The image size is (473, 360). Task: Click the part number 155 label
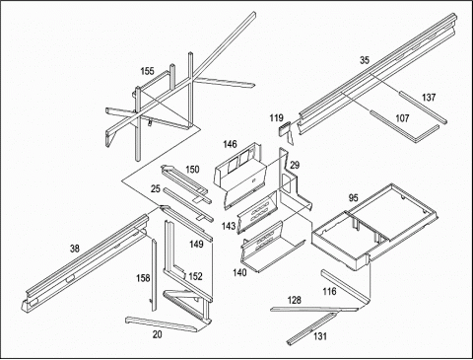[147, 71]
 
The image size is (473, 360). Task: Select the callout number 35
[365, 60]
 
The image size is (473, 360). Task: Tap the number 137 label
[429, 98]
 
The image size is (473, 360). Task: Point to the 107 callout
[402, 118]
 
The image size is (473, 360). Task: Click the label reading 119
[276, 117]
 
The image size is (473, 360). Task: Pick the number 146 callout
[230, 144]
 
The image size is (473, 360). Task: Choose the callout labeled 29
[295, 165]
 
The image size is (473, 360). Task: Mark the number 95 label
[353, 198]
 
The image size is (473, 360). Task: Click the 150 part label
[192, 170]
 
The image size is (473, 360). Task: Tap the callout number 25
[156, 188]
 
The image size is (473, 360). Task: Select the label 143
[229, 226]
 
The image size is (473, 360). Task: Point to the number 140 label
[239, 272]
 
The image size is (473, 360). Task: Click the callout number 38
[75, 249]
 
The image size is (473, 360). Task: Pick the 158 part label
[143, 278]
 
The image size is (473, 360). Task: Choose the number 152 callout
[195, 276]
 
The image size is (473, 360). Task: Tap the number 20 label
[158, 334]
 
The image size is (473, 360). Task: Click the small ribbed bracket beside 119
[285, 129]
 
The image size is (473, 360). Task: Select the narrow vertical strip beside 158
[154, 275]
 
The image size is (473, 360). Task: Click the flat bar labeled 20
[165, 324]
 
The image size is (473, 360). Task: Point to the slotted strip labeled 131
[312, 328]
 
